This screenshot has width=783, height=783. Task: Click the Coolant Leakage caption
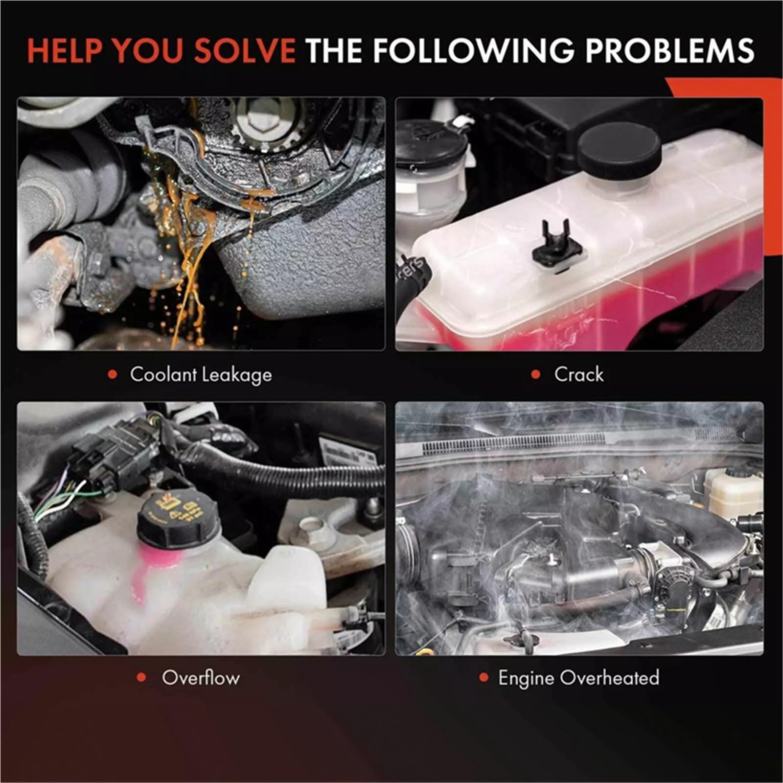(201, 375)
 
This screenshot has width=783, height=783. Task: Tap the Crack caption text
(579, 374)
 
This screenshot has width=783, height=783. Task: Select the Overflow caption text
(201, 678)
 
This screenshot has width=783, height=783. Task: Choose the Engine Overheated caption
(578, 678)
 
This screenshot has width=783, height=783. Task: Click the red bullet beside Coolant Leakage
(113, 375)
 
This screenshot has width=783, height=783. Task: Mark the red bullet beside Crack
(536, 375)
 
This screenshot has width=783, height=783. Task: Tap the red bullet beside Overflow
(142, 678)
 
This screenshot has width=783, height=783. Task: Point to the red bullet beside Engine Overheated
(484, 678)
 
